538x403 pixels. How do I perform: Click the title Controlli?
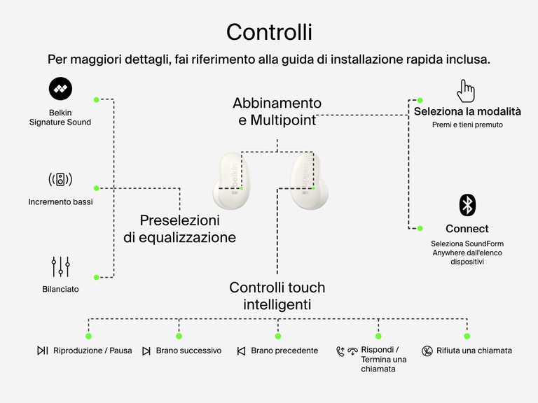click(x=269, y=31)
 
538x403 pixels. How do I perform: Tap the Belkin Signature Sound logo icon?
click(x=60, y=88)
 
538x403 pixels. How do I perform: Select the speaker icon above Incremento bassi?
click(x=60, y=179)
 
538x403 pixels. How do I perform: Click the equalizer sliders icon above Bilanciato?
click(x=60, y=266)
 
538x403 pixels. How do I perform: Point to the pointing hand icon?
click(x=466, y=90)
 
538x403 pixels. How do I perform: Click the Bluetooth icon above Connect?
click(x=467, y=205)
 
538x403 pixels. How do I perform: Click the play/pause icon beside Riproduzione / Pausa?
click(x=43, y=351)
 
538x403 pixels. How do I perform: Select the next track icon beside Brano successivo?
click(x=146, y=351)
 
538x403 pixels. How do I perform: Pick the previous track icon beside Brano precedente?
click(x=241, y=351)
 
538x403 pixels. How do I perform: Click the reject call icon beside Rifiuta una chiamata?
click(x=427, y=351)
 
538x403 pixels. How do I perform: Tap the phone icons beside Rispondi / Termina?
click(x=346, y=351)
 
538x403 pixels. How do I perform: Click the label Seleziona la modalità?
click(x=467, y=111)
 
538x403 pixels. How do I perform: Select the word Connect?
click(x=467, y=229)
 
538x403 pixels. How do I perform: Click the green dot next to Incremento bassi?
click(x=97, y=188)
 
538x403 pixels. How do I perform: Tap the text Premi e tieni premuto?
click(x=467, y=125)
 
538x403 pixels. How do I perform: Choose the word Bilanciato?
click(x=60, y=289)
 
